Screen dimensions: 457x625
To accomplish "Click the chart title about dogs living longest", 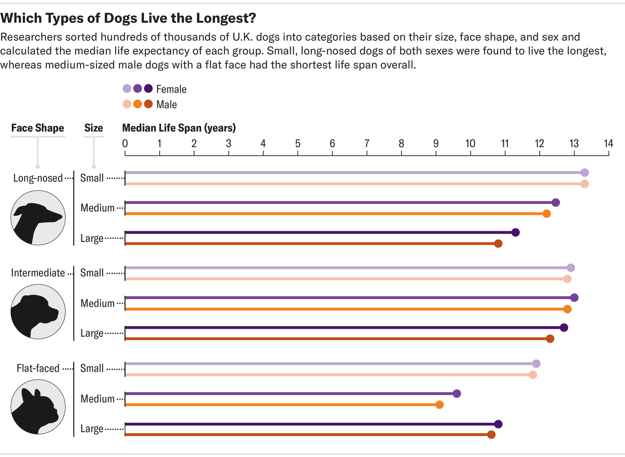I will coord(128,18).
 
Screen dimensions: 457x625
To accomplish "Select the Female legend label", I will coord(171,89).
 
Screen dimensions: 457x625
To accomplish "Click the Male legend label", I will coord(166,104).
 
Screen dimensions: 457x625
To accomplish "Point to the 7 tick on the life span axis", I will coord(367,143).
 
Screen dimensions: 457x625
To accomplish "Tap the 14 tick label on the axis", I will coord(608,143).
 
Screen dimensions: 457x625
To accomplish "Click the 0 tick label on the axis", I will coord(125,143).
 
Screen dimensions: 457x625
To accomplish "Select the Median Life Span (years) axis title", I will coord(179,128).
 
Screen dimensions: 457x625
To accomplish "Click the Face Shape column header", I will coord(37,128).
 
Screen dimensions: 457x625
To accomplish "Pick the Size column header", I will coord(94,128).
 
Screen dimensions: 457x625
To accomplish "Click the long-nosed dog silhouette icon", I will coord(38,217).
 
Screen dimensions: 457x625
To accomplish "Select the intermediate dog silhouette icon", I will coord(38,311).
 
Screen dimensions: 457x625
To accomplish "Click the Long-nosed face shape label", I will coord(38,178).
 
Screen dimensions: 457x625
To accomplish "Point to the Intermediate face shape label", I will coord(38,273).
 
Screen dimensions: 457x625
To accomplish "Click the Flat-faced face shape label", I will coord(38,368).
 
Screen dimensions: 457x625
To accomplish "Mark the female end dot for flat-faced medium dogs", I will coord(456,394).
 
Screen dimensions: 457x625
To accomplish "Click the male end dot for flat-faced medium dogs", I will coord(439,405).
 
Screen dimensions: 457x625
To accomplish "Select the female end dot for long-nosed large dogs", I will coord(515,232).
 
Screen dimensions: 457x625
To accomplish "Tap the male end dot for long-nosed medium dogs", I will coord(546,214).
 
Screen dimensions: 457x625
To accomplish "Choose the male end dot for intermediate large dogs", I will coord(550,339).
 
